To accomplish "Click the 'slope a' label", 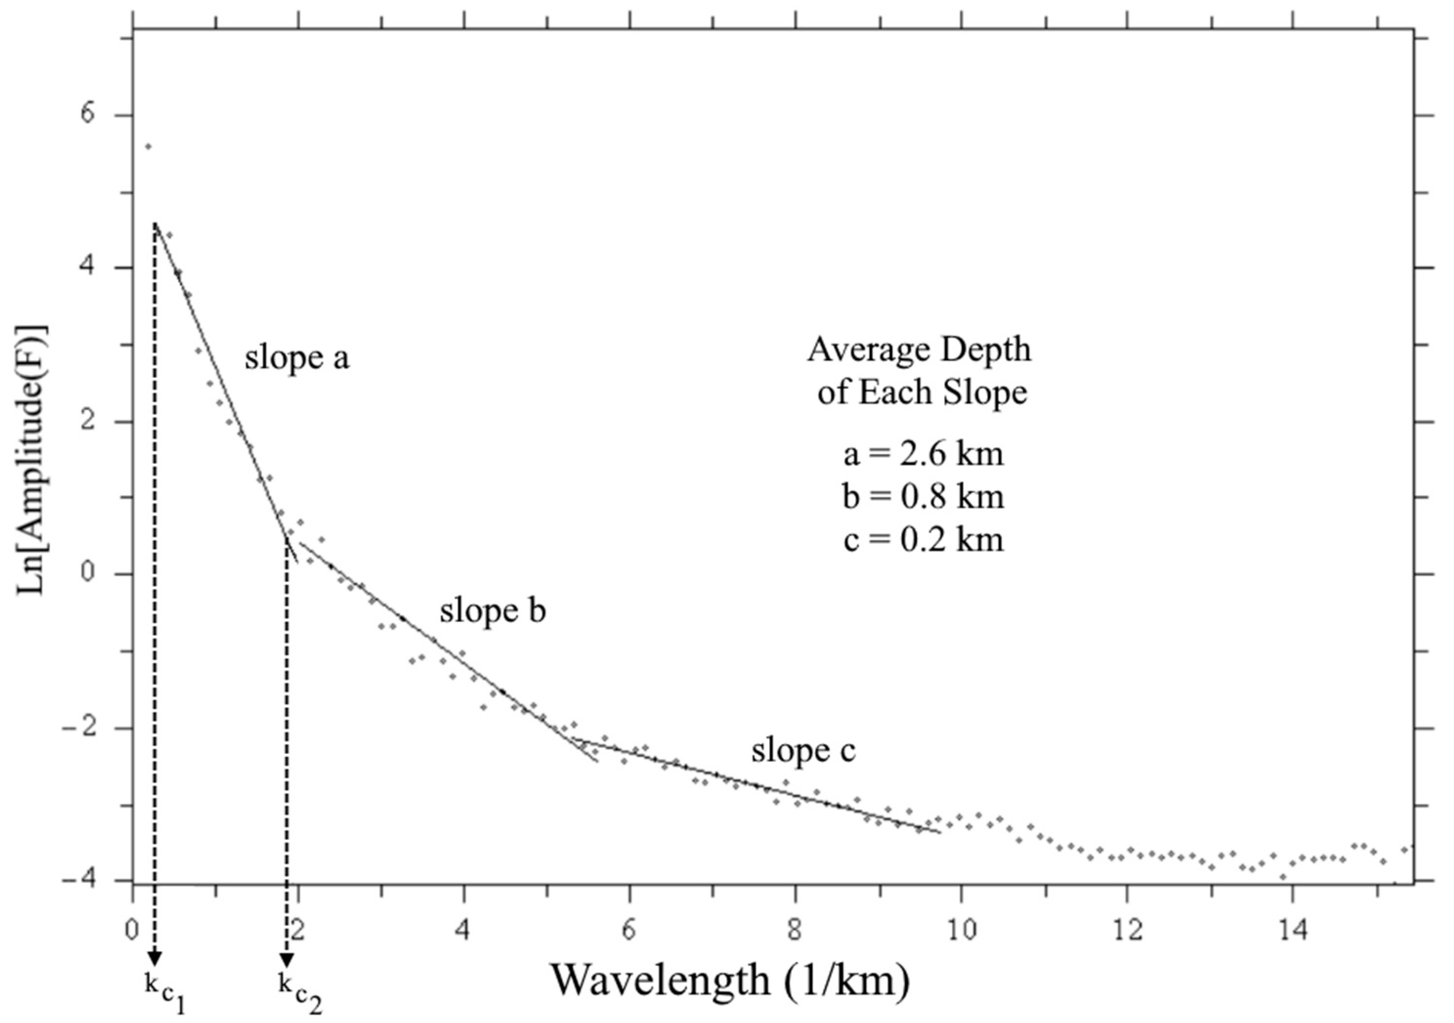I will (x=297, y=358).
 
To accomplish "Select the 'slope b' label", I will (x=492, y=611).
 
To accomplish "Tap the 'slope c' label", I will (x=803, y=751).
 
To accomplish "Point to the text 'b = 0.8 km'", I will (x=923, y=497).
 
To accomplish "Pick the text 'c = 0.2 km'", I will (x=923, y=540).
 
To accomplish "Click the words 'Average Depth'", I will (x=919, y=350).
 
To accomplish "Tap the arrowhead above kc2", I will (x=287, y=960).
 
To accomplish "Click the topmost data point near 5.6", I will (x=148, y=147).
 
